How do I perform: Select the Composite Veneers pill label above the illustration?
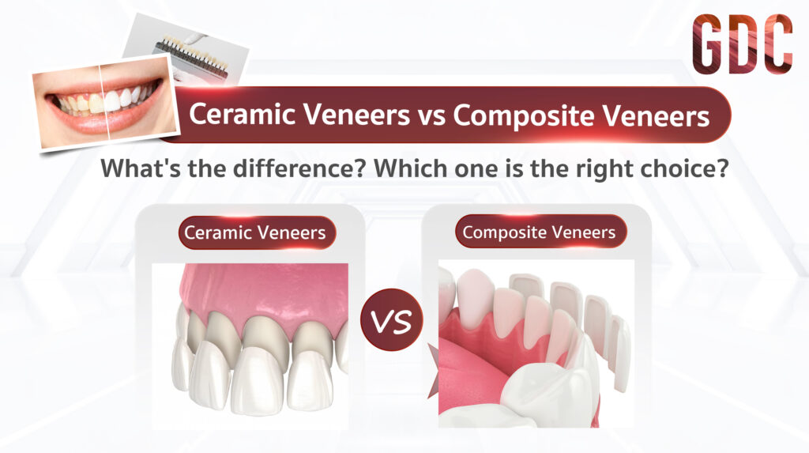pyautogui.click(x=540, y=232)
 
